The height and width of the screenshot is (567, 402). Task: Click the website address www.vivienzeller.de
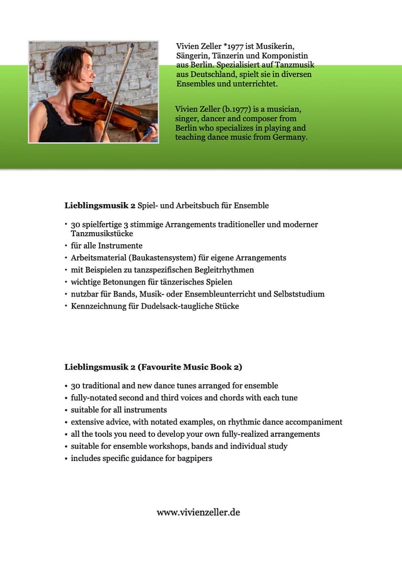coord(198,512)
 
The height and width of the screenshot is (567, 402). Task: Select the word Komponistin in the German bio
coord(286,56)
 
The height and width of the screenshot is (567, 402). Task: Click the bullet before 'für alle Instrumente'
coord(66,246)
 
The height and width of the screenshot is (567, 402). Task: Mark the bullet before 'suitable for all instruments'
coord(66,410)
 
